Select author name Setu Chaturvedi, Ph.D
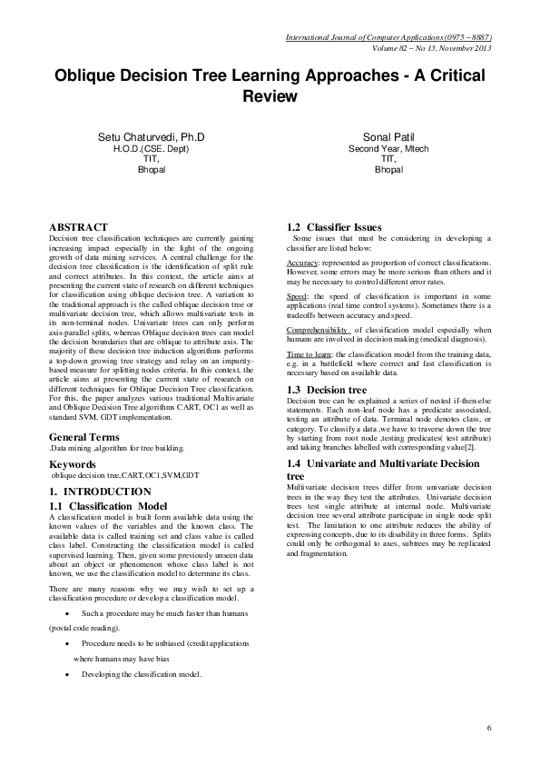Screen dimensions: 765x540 tap(152, 136)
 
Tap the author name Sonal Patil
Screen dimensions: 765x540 tap(388, 136)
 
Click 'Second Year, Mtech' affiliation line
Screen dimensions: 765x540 tap(388, 148)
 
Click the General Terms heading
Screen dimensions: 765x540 tap(84, 438)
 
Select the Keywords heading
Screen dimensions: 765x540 tap(72, 464)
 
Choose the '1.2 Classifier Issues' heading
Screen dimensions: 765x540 tap(335, 227)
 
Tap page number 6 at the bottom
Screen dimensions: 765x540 tap(488, 728)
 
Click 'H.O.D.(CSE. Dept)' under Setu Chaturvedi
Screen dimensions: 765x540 tap(152, 148)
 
